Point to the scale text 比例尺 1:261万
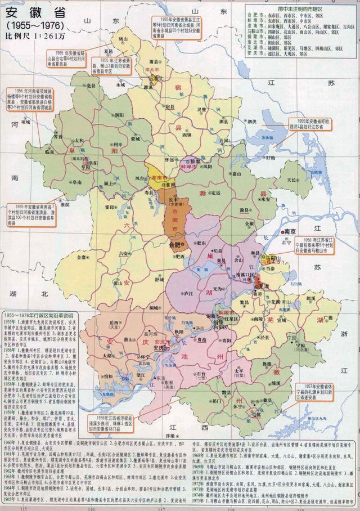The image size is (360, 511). (x=33, y=37)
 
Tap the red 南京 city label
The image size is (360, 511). (x=290, y=231)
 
